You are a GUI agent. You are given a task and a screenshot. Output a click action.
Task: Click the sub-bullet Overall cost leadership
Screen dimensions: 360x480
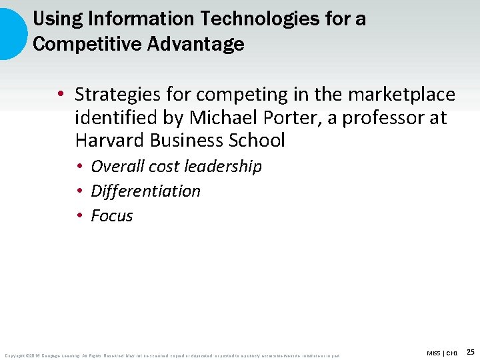(x=176, y=166)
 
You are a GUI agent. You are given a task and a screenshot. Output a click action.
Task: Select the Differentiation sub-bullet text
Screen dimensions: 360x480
(x=145, y=191)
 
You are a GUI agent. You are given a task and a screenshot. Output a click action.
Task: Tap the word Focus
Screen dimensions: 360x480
(x=112, y=216)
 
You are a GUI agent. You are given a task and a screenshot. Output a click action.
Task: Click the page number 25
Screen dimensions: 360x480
(x=471, y=351)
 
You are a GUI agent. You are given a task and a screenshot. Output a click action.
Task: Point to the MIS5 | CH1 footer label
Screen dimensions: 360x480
(x=442, y=352)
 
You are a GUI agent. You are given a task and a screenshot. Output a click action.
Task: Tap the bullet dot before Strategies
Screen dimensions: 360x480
(x=61, y=95)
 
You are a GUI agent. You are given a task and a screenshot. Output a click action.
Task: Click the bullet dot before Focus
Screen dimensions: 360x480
(x=79, y=216)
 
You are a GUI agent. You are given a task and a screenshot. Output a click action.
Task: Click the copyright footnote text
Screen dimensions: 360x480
(x=172, y=355)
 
